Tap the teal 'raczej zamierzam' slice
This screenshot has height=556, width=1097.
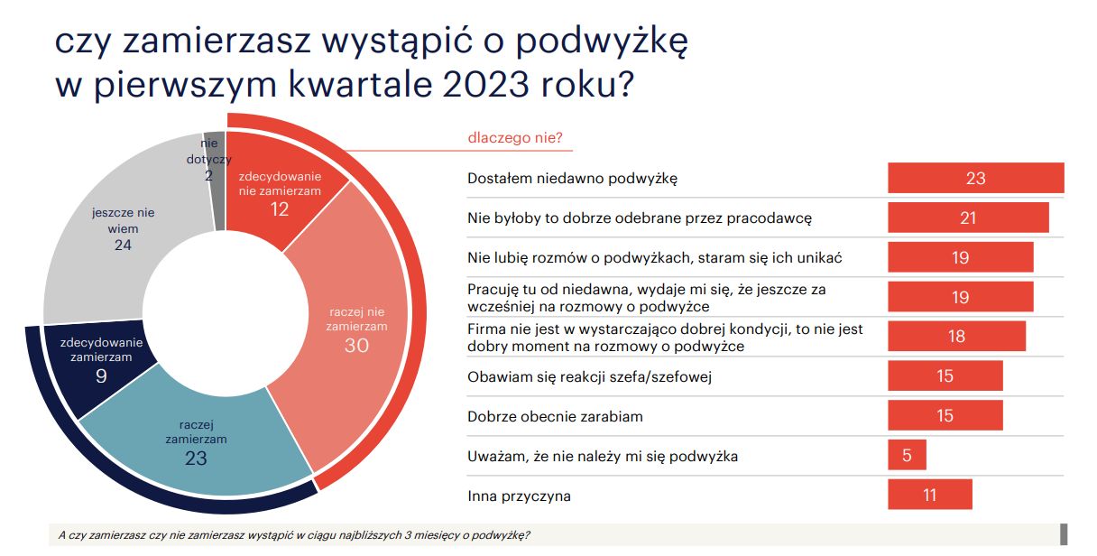pos(196,440)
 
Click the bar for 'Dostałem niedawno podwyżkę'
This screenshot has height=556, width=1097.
pos(975,178)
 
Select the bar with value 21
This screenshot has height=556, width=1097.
pos(968,218)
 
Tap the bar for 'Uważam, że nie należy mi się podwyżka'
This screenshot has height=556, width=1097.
pos(907,455)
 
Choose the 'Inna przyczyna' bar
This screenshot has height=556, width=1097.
pos(930,495)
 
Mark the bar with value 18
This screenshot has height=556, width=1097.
pos(956,336)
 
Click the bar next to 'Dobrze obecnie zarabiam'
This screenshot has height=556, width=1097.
pos(945,415)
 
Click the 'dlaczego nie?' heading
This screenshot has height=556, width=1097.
pos(515,138)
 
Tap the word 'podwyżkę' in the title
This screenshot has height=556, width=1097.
pos(602,42)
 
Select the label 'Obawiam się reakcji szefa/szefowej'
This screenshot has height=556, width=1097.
pos(590,376)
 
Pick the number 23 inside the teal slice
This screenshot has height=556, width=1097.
pos(196,458)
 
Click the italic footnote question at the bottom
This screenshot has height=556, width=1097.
pos(294,535)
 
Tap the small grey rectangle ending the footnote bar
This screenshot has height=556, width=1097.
pos(1064,534)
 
